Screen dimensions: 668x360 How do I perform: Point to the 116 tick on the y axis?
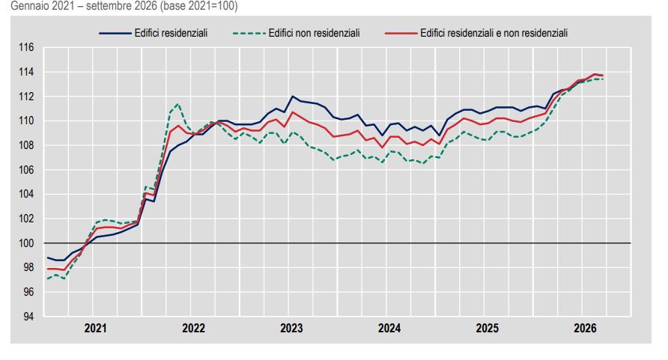pos(26,47)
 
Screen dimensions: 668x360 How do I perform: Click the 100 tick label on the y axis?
pos(26,243)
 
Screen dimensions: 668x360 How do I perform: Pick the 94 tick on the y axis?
pos(28,317)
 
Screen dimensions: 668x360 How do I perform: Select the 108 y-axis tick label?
pos(26,145)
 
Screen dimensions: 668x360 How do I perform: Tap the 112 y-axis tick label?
pos(26,96)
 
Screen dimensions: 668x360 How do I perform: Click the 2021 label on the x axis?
pos(95,328)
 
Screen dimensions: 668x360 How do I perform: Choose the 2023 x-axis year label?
pos(291,328)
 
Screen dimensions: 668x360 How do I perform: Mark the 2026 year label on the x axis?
pos(585,328)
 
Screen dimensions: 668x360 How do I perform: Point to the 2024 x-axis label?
pos(389,328)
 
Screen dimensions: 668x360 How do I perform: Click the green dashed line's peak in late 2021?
pos(178,103)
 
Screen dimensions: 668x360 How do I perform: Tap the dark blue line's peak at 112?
pos(293,96)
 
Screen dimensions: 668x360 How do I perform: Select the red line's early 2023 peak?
pos(293,112)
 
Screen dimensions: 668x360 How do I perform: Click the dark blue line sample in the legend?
pos(115,33)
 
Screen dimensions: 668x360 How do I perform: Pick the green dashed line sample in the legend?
pos(249,33)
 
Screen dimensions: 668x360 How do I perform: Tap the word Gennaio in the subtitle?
pos(27,6)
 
